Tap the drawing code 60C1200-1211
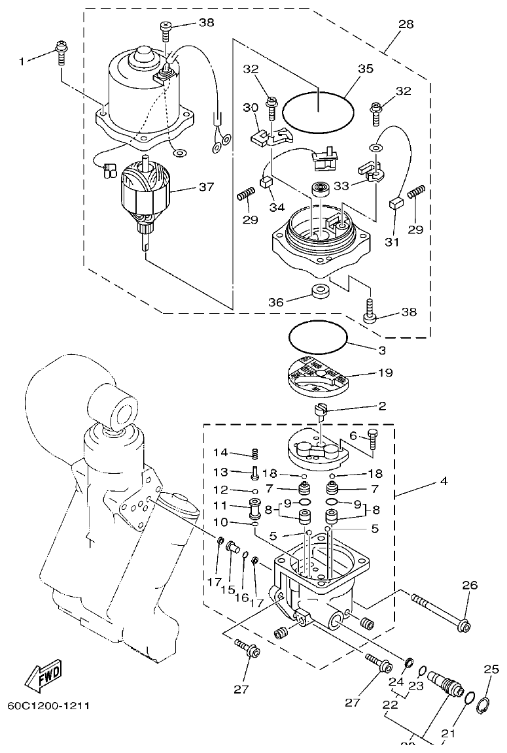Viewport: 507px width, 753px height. point(48,706)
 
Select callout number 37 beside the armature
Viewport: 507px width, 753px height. point(206,187)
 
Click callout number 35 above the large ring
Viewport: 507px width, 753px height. point(365,68)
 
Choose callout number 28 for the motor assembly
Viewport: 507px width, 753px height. point(406,24)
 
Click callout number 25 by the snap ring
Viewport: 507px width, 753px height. point(491,669)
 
